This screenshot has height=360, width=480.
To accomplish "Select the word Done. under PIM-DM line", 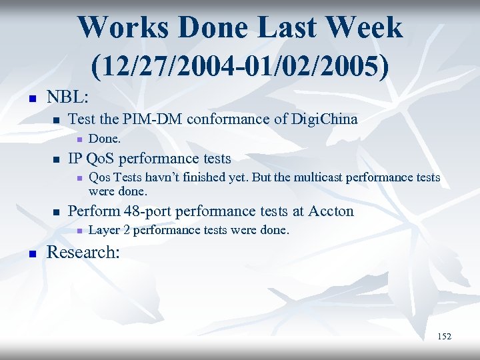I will [x=105, y=139].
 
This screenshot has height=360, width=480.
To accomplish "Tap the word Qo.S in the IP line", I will [x=100, y=159].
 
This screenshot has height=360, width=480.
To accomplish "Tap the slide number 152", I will [x=444, y=336].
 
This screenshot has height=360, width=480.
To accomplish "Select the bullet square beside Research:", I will [x=29, y=254].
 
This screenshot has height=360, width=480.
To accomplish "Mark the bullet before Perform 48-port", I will [x=56, y=213].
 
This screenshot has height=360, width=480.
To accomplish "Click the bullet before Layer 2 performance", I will [x=79, y=231].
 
